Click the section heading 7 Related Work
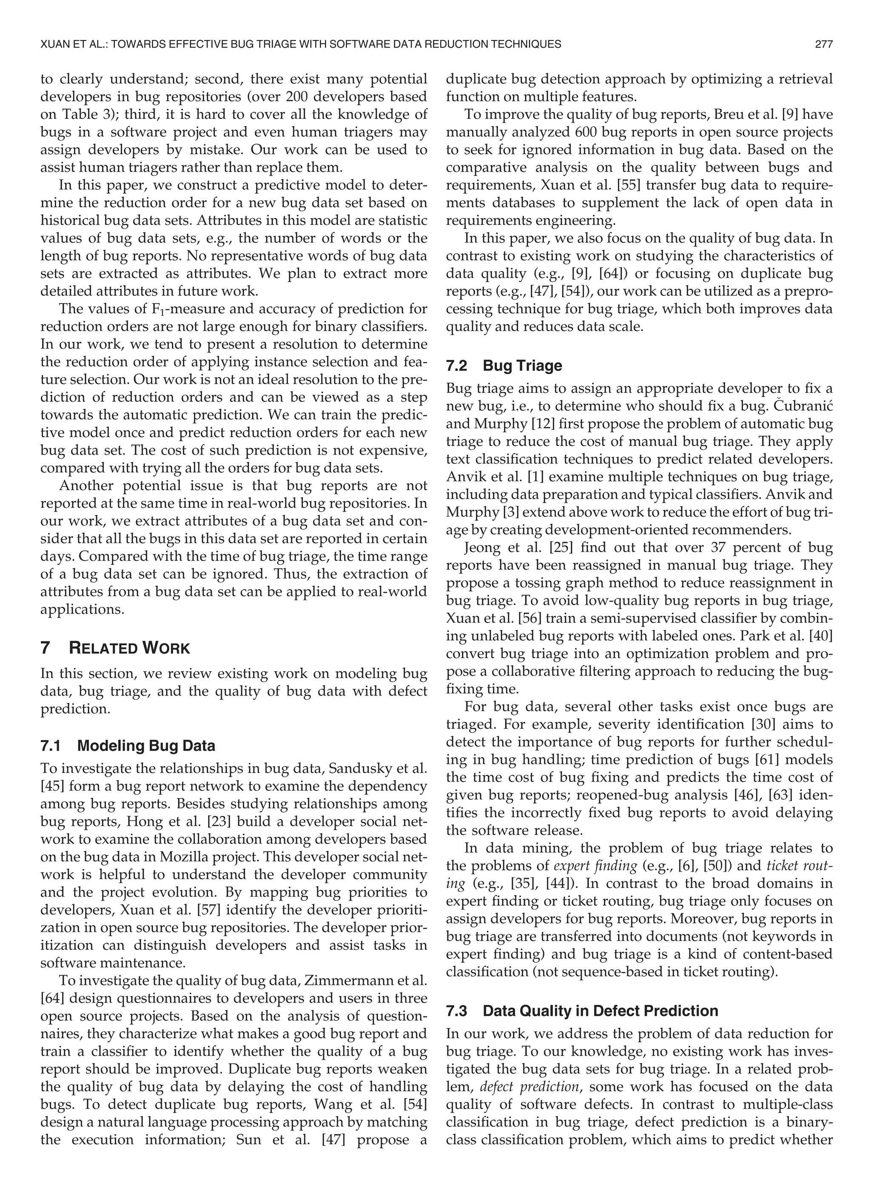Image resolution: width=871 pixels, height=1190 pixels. pyautogui.click(x=115, y=648)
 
